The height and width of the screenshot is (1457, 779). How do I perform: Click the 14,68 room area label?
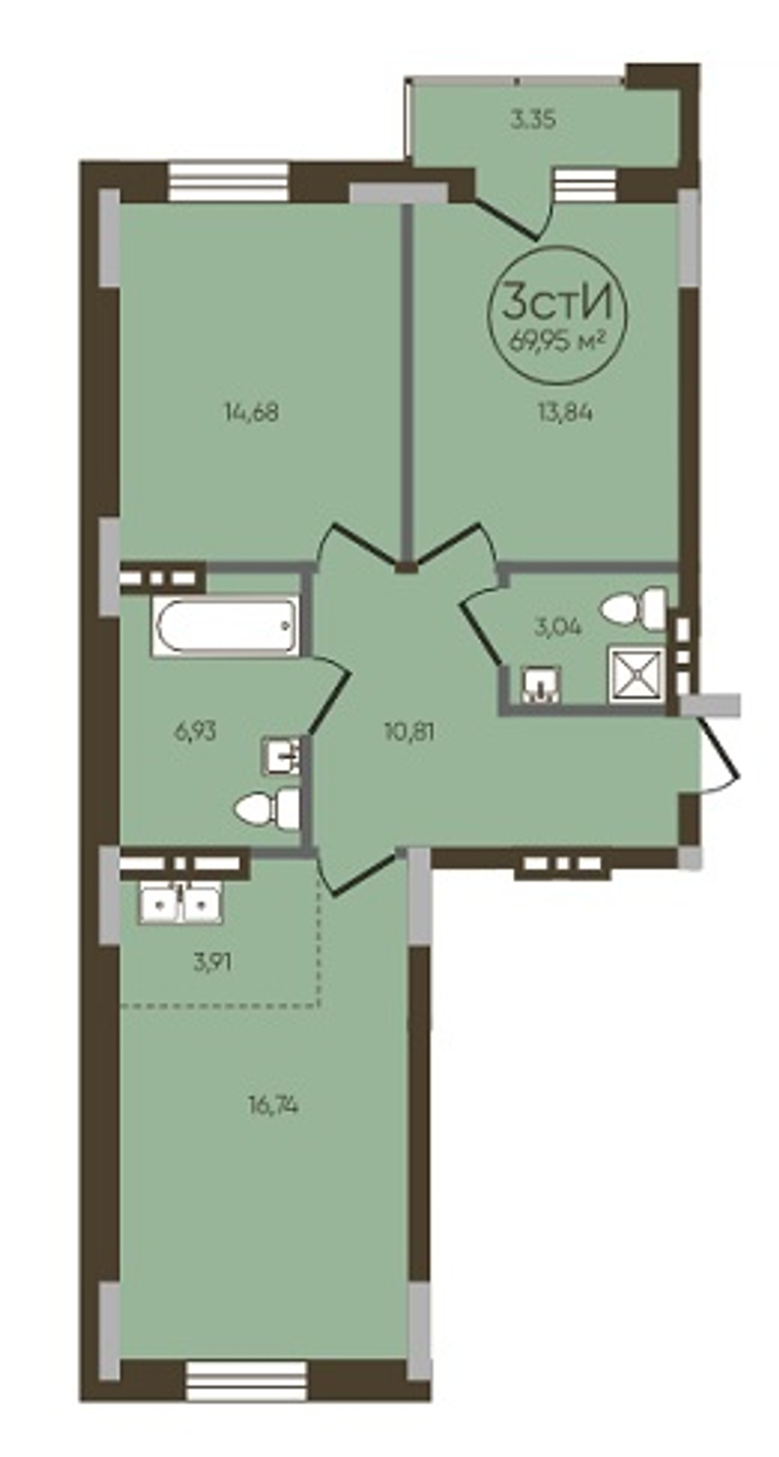[x=251, y=412]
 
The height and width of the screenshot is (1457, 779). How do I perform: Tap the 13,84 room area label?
[x=565, y=412]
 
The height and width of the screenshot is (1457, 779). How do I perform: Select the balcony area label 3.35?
[x=534, y=120]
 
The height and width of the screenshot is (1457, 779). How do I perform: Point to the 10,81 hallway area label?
[x=409, y=731]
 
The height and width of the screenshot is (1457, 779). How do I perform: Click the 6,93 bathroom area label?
[x=195, y=731]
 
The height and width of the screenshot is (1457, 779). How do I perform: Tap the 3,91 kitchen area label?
[x=212, y=962]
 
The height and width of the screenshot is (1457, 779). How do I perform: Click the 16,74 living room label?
[x=273, y=1103]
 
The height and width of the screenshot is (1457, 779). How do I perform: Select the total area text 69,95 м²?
[x=558, y=341]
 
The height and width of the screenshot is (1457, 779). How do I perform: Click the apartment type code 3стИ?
[x=558, y=303]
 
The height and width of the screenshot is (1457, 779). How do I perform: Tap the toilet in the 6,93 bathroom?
[x=267, y=807]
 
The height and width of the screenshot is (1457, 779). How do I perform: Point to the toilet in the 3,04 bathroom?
[x=634, y=608]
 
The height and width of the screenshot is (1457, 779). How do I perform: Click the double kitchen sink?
[x=181, y=904]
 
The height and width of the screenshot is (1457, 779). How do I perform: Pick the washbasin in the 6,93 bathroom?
[x=281, y=755]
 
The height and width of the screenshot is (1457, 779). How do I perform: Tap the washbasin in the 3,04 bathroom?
[x=541, y=685]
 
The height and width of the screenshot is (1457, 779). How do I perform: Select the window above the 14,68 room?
[x=228, y=181]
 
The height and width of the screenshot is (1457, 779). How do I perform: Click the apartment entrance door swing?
[x=720, y=755]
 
